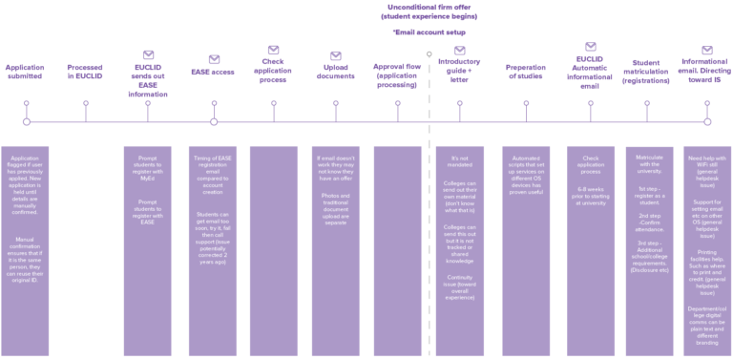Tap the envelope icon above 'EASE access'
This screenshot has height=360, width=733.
tap(214, 59)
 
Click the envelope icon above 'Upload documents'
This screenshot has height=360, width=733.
tap(336, 55)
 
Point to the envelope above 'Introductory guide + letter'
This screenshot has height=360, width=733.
tap(459, 50)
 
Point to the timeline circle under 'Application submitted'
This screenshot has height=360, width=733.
tap(27, 121)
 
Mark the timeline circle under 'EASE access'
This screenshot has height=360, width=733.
tap(214, 121)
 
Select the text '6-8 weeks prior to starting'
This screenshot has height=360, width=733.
tap(591, 192)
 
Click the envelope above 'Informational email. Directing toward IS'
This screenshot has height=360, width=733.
tap(707, 50)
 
